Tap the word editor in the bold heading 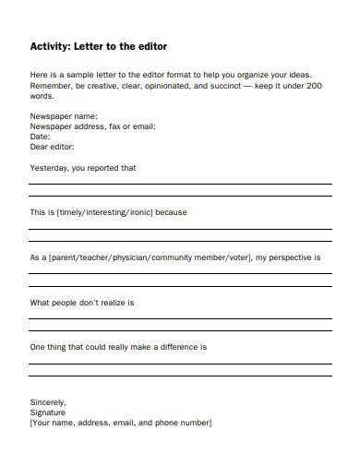pyautogui.click(x=150, y=46)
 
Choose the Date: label pyautogui.click(x=42, y=136)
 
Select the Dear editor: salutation pyautogui.click(x=53, y=146)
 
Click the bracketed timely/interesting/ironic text pyautogui.click(x=105, y=212)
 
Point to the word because pyautogui.click(x=172, y=212)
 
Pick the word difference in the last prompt pyautogui.click(x=176, y=348)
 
